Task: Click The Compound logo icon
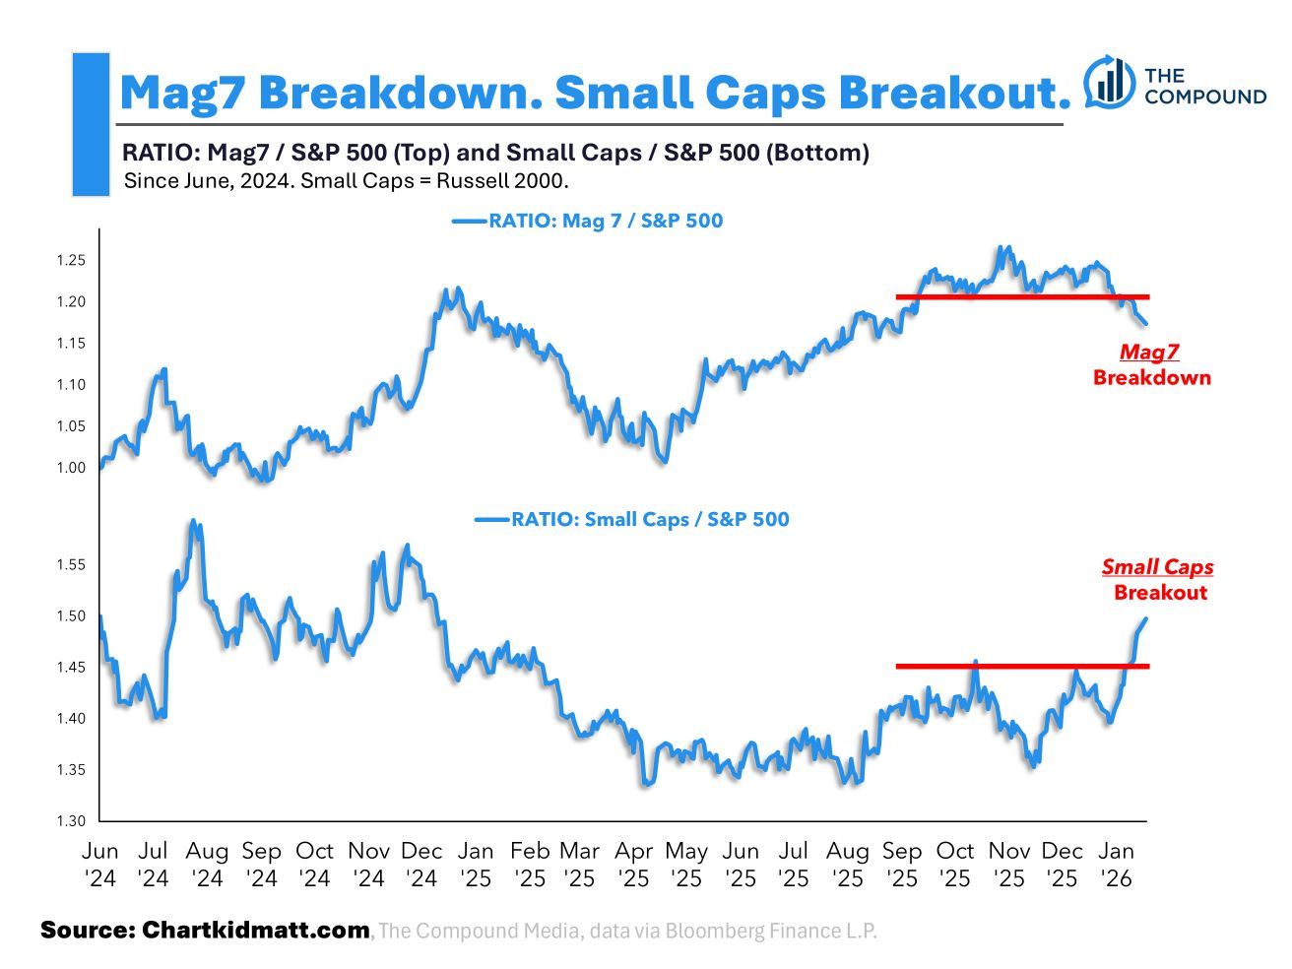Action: pyautogui.click(x=1109, y=82)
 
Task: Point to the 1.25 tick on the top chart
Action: pyautogui.click(x=72, y=261)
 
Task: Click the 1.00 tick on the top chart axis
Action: pyautogui.click(x=72, y=468)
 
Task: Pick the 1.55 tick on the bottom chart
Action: pyautogui.click(x=72, y=565)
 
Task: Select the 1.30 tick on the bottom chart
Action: pyautogui.click(x=72, y=820)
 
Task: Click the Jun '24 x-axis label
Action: pyautogui.click(x=100, y=864)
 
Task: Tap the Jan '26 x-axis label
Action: pyautogui.click(x=1116, y=864)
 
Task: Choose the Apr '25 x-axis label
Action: pyautogui.click(x=633, y=864)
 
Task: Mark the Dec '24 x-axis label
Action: pyautogui.click(x=421, y=864)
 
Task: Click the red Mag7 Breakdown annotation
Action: pyautogui.click(x=1151, y=364)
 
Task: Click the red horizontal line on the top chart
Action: pyautogui.click(x=1021, y=296)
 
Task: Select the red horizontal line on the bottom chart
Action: pyautogui.click(x=1021, y=667)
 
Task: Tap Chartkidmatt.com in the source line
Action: pyautogui.click(x=256, y=930)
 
